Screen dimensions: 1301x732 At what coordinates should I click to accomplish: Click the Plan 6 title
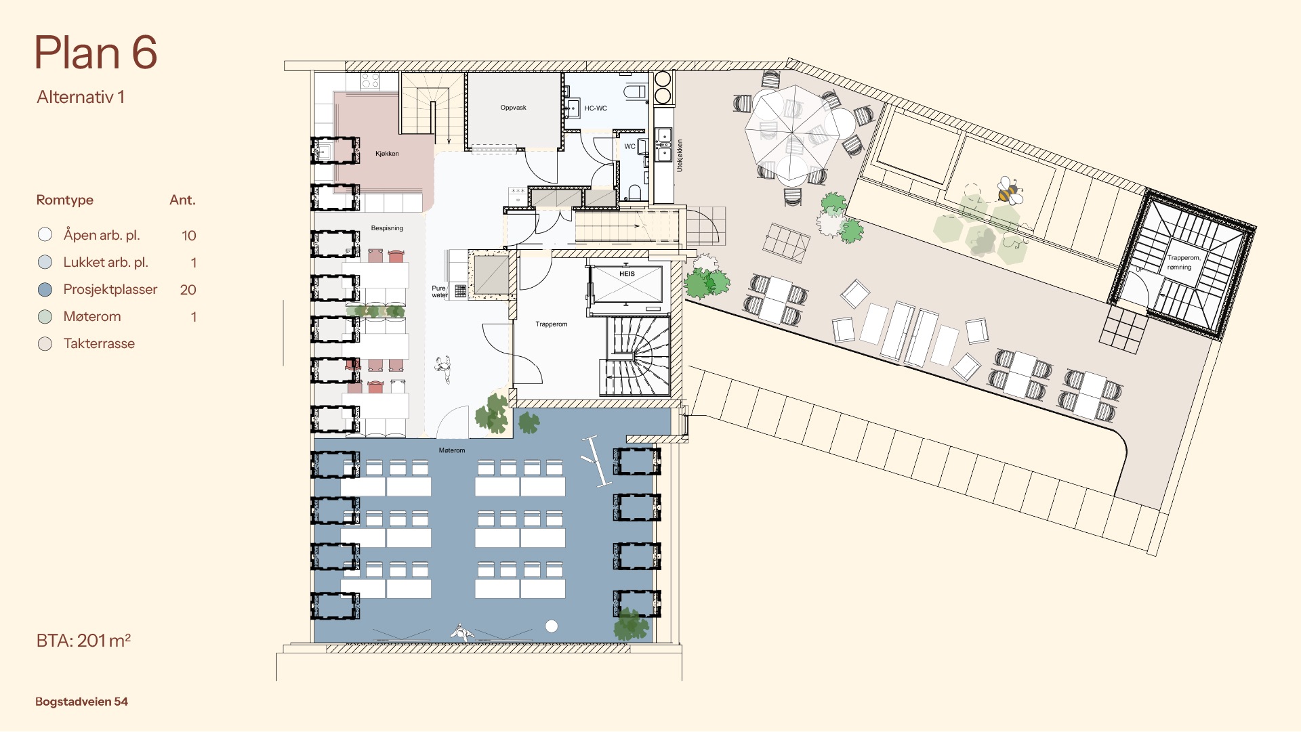(96, 53)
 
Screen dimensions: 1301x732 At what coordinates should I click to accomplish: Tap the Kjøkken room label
(387, 154)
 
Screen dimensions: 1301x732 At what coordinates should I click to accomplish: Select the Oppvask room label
(513, 108)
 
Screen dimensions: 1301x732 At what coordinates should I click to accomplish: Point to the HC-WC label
(596, 108)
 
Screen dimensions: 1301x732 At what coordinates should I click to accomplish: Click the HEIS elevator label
(627, 274)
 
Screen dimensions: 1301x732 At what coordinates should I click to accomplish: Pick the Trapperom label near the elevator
(552, 324)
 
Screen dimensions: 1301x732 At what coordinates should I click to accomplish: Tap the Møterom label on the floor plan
(452, 450)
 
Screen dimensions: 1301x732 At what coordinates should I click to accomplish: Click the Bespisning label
(387, 228)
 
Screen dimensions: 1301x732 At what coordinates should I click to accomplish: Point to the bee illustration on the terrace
(1010, 191)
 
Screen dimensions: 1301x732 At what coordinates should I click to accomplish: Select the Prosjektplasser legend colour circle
(45, 290)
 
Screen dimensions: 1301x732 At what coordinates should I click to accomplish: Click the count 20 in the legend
(188, 290)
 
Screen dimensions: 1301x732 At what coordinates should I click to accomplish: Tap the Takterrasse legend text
(99, 343)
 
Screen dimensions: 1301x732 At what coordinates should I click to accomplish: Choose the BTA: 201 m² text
(83, 640)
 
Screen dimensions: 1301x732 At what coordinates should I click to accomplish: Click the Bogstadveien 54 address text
(81, 702)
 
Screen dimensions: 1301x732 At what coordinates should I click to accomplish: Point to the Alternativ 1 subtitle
(81, 97)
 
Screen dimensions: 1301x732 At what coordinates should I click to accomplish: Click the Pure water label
(439, 292)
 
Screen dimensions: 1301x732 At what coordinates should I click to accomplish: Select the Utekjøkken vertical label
(680, 156)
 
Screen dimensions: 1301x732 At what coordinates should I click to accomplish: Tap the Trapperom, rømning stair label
(1183, 262)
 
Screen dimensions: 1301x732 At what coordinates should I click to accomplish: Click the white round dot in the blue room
(552, 626)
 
